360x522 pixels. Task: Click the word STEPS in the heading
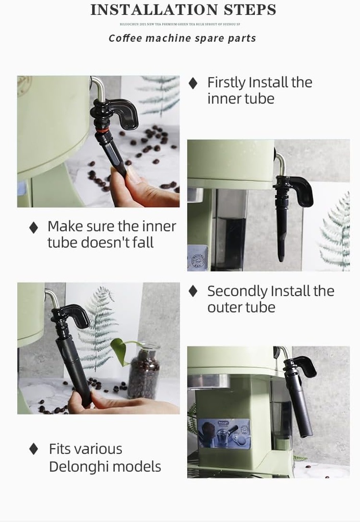249,10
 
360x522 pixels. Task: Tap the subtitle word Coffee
125,38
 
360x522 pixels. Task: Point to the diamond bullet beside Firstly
193,83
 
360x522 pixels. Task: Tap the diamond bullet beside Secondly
193,291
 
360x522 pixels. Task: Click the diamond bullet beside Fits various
34,449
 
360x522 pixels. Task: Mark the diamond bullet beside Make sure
34,227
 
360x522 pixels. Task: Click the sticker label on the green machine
224,433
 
